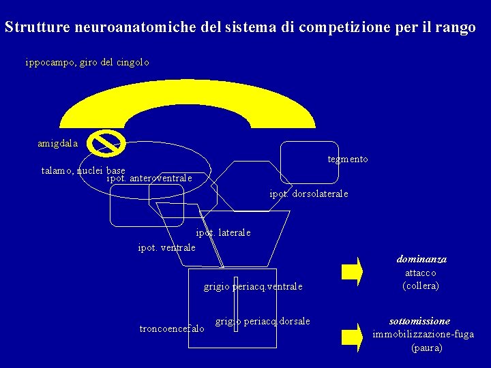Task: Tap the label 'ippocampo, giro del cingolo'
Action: (x=87, y=62)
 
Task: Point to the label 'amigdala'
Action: (x=58, y=144)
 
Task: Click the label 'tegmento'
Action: (x=347, y=159)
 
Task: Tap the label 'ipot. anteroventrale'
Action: (x=149, y=179)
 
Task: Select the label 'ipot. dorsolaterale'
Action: (x=308, y=194)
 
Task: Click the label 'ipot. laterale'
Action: (x=223, y=232)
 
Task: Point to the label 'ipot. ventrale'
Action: (x=166, y=247)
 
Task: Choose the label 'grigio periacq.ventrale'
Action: (x=252, y=287)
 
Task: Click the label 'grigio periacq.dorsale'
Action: (x=263, y=321)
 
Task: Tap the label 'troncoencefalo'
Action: (x=171, y=329)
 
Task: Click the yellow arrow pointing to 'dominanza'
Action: (x=352, y=271)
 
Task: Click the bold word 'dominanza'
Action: (x=421, y=260)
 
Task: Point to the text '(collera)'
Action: (x=421, y=286)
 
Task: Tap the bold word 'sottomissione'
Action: (x=419, y=321)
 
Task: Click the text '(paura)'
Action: (x=426, y=348)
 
